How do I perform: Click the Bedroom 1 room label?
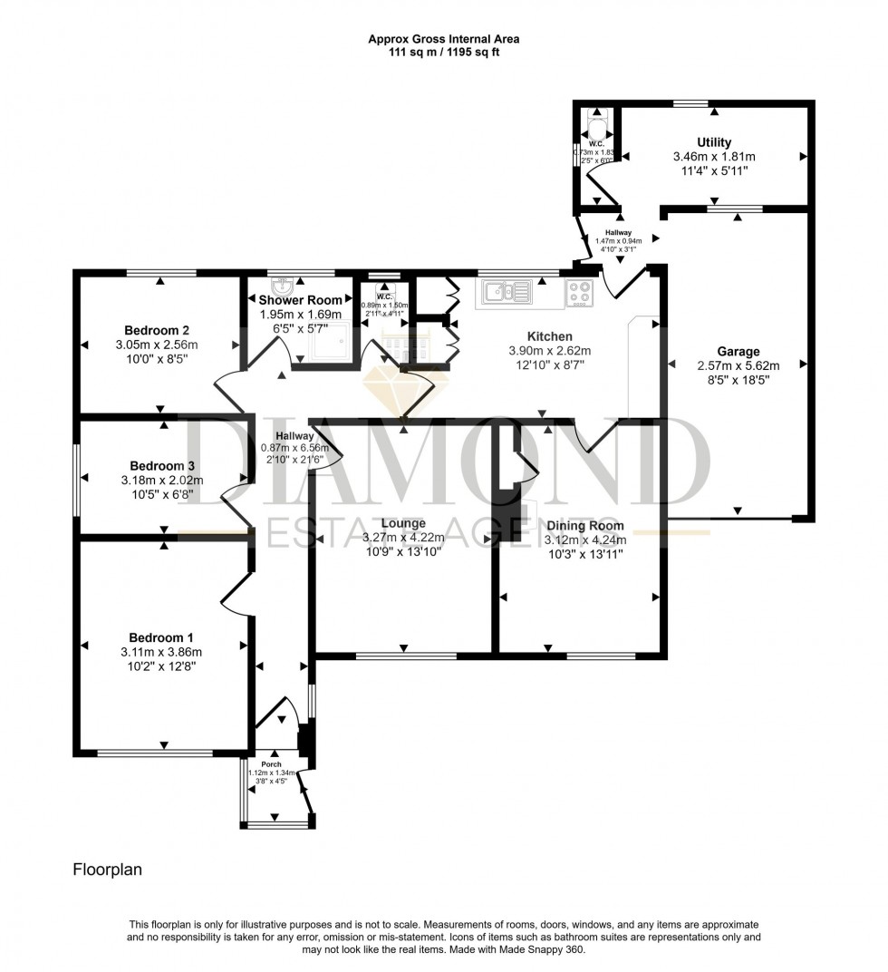click(x=161, y=637)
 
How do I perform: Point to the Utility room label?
click(x=713, y=142)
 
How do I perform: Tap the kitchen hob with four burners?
click(x=580, y=292)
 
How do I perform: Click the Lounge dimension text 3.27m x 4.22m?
click(x=403, y=538)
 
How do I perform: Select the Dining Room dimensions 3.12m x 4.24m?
click(x=584, y=539)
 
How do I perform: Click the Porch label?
click(x=270, y=763)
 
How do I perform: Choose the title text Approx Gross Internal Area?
click(x=444, y=39)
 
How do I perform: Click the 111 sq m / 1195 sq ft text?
click(x=444, y=53)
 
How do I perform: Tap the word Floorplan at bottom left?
click(x=107, y=869)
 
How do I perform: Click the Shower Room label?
click(x=301, y=300)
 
